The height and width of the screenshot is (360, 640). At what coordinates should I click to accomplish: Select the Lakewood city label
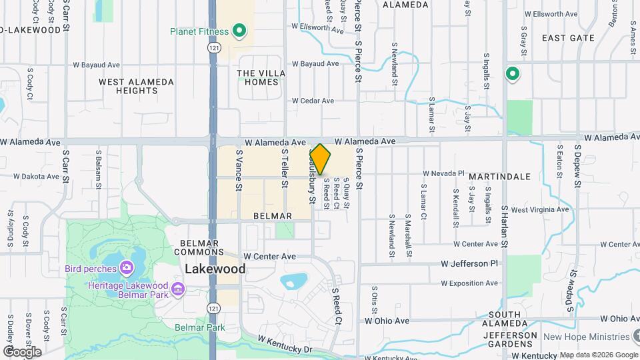pos(215,269)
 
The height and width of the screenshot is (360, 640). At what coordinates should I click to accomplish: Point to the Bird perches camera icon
pos(127,269)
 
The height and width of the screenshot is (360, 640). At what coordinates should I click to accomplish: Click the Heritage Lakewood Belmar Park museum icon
pos(178,289)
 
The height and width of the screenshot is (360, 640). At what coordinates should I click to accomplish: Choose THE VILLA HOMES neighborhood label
pos(261,77)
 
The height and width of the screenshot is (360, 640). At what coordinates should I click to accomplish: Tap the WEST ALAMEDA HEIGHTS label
pos(136,86)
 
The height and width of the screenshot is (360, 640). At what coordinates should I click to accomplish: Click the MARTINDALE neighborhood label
pos(499,177)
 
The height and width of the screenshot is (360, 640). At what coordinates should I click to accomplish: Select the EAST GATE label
pos(567,38)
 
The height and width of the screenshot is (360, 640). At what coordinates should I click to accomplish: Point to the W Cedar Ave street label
pos(313,101)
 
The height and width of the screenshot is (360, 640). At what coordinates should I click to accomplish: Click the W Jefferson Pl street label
pos(469,263)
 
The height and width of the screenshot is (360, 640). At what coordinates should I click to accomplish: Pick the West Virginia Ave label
pos(540,209)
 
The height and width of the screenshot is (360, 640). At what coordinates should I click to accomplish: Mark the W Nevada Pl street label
pos(443,173)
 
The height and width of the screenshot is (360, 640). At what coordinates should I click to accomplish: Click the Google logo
pos(21,352)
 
